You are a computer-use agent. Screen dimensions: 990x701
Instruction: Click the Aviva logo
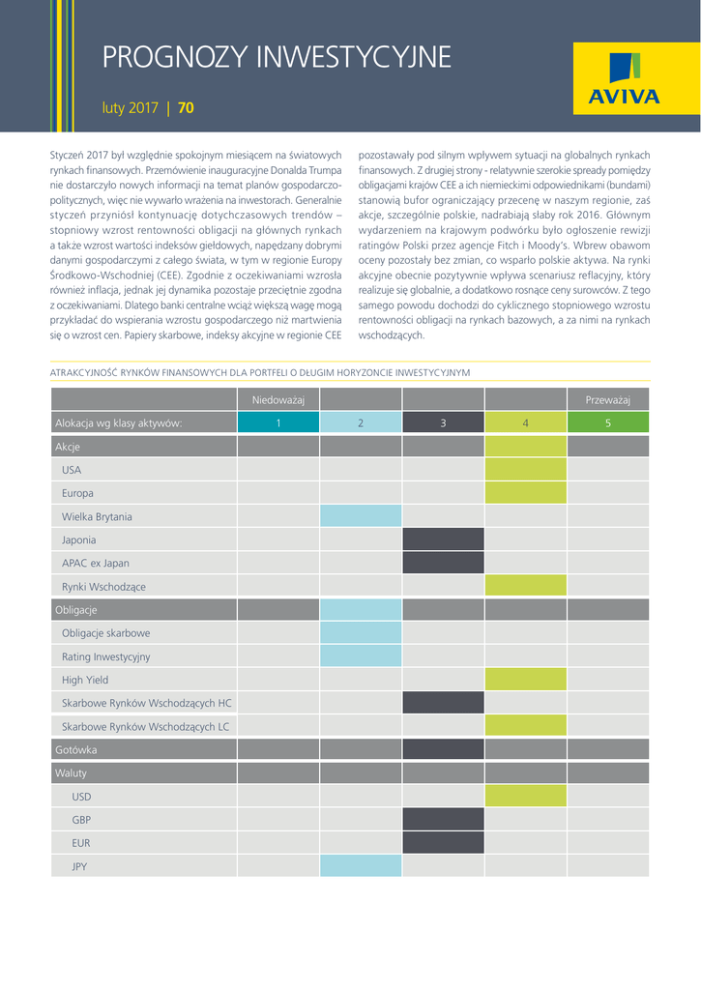[624, 81]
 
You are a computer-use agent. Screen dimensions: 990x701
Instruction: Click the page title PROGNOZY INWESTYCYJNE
[277, 58]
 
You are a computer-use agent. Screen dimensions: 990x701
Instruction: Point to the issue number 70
[186, 108]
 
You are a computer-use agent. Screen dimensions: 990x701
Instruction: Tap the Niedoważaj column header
[277, 399]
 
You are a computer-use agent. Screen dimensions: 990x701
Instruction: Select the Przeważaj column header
[607, 399]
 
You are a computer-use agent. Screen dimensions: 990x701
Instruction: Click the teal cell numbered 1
[277, 422]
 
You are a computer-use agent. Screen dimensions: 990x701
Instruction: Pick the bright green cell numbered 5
[607, 422]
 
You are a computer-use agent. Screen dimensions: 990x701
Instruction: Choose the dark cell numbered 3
[443, 422]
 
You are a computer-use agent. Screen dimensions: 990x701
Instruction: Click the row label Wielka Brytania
[97, 516]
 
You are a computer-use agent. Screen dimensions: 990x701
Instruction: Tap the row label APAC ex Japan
[95, 563]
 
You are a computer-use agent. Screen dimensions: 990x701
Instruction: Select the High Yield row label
[85, 680]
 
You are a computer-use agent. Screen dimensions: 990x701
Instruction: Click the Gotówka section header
[76, 749]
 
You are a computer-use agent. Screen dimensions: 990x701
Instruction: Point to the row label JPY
[79, 866]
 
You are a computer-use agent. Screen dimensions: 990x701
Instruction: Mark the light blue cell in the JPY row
[360, 866]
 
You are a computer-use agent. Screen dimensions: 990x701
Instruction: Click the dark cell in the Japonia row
[443, 539]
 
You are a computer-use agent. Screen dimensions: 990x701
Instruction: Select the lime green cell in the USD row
[525, 797]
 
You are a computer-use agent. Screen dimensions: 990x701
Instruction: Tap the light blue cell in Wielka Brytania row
[360, 516]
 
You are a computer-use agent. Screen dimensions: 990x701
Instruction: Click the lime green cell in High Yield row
[525, 680]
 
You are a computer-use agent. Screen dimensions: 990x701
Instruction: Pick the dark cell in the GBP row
[443, 820]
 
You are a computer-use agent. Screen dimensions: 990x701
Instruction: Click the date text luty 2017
[130, 108]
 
